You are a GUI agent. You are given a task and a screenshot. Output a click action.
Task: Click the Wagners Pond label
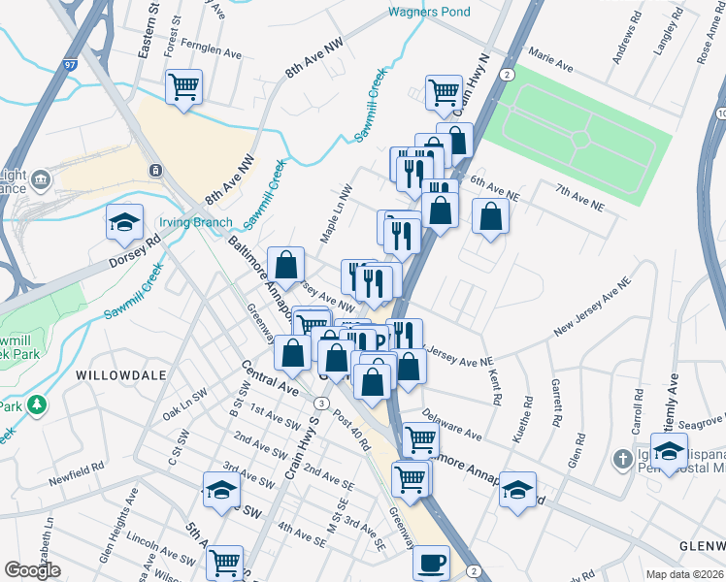[428, 12]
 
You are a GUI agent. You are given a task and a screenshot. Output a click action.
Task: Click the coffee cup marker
[432, 562]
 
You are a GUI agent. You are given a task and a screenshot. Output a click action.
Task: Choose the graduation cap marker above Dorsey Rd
[124, 224]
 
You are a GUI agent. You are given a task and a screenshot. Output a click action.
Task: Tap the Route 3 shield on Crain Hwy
[319, 402]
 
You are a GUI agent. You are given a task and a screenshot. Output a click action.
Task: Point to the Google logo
[32, 569]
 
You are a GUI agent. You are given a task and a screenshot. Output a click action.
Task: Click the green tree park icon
[37, 403]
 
